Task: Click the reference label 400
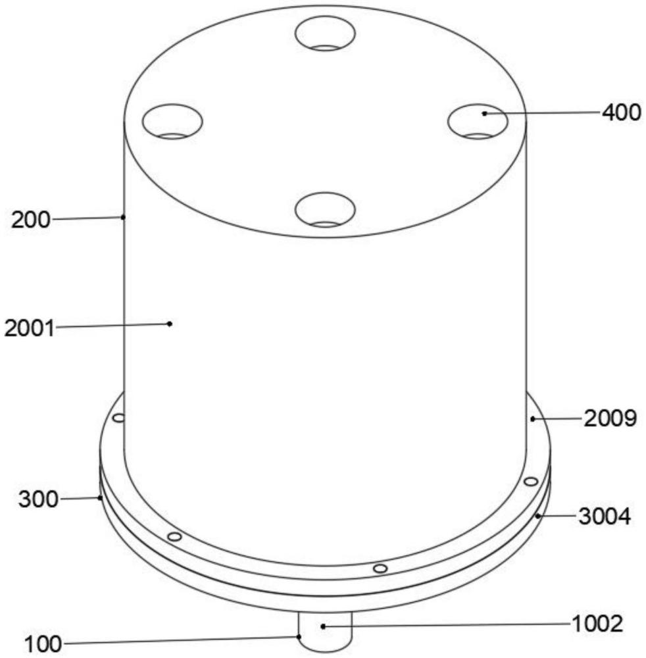point(622,113)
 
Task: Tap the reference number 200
point(30,220)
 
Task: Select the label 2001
point(30,328)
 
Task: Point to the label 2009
point(610,418)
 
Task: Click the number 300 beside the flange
point(38,499)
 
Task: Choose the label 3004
point(605,517)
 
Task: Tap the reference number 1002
point(597,624)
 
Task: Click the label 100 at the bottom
point(43,644)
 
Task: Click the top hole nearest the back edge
point(325,33)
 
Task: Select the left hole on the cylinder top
point(172,121)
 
